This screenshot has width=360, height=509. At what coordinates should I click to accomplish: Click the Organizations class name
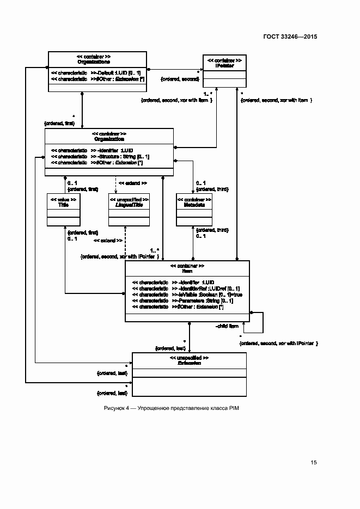(x=97, y=62)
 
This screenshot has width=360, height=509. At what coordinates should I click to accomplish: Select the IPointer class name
(x=224, y=65)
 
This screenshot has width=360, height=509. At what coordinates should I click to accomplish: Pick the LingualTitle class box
(x=129, y=209)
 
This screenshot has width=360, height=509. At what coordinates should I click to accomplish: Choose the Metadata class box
(x=194, y=209)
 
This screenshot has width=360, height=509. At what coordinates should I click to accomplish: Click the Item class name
(x=187, y=271)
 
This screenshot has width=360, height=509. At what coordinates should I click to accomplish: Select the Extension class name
(x=189, y=363)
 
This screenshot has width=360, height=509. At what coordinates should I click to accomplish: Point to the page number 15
(x=314, y=463)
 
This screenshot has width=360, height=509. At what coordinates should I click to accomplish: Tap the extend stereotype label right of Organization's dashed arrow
(x=132, y=183)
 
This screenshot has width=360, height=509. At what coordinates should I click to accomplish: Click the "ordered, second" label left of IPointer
(x=179, y=79)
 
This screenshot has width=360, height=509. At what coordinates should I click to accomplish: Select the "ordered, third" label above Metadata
(x=212, y=189)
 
